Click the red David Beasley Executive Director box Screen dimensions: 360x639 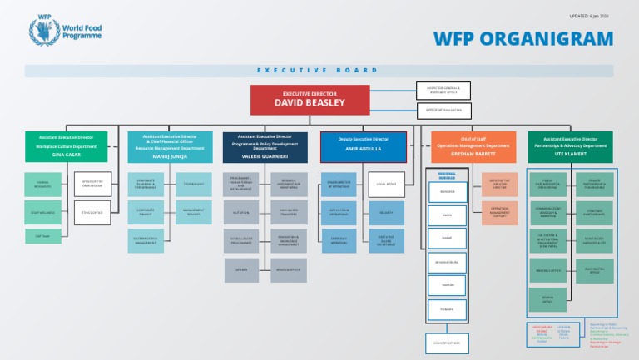tap(310, 100)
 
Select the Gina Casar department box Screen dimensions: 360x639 tap(67, 145)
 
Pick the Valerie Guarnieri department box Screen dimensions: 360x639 tap(265, 145)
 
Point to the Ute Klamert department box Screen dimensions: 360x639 tap(570, 145)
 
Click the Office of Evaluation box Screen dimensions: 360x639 tap(443, 110)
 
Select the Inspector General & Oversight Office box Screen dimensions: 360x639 tap(443, 89)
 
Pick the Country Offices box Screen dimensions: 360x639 tap(447, 342)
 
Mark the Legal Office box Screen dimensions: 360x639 tap(386, 184)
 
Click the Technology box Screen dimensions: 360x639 tap(193, 184)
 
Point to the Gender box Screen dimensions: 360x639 tap(241, 269)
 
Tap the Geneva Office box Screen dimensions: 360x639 tap(547, 298)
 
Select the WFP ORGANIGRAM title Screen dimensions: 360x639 tap(524, 39)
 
